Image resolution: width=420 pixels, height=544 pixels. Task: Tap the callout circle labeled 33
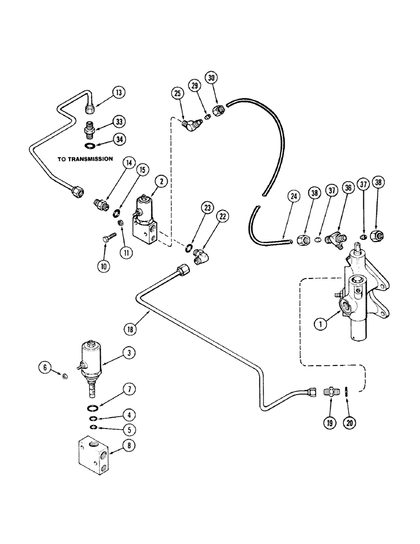click(119, 121)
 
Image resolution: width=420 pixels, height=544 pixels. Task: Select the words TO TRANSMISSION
click(84, 159)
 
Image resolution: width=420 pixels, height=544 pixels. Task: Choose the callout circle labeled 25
click(177, 94)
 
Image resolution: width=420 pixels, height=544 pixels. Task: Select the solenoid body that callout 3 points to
click(90, 359)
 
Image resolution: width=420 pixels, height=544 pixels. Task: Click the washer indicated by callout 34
click(89, 145)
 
